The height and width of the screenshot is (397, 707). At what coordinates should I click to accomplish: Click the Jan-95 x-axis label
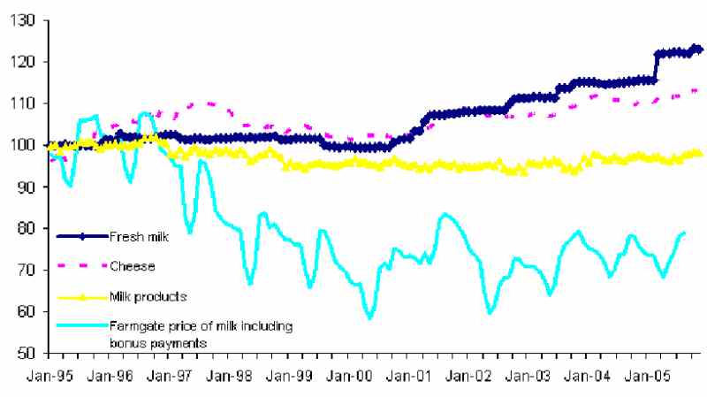(56, 375)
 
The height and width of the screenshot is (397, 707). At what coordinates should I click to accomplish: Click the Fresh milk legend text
(140, 236)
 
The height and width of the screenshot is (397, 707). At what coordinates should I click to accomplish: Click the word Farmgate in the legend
(135, 326)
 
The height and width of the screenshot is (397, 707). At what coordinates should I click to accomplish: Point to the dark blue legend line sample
(83, 236)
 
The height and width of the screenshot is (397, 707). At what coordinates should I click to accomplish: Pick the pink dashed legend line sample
(83, 265)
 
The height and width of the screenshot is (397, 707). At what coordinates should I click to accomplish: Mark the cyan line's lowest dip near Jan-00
(370, 317)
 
